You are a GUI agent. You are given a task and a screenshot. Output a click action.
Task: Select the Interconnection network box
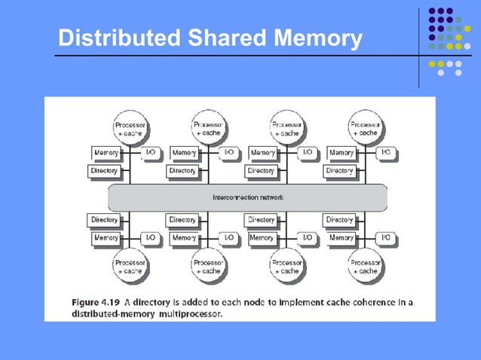click(x=247, y=197)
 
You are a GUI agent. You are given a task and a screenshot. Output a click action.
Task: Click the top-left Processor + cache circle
click(x=129, y=127)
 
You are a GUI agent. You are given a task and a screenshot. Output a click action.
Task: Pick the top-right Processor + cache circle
click(x=365, y=127)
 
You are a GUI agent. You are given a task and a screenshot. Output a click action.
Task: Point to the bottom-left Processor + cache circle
click(x=129, y=266)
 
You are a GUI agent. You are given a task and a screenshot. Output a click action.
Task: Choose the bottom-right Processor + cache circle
click(x=365, y=266)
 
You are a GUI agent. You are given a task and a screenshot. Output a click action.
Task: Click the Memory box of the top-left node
click(x=106, y=153)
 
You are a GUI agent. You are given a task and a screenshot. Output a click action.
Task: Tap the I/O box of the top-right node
click(x=385, y=153)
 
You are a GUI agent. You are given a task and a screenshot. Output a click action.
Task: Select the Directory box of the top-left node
click(x=105, y=171)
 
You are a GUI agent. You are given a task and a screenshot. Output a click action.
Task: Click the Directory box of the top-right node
click(x=340, y=171)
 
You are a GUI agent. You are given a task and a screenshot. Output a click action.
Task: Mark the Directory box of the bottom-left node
click(x=105, y=220)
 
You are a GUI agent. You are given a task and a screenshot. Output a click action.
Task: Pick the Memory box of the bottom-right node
click(x=341, y=238)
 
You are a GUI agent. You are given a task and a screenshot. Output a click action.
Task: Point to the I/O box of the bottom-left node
click(x=150, y=238)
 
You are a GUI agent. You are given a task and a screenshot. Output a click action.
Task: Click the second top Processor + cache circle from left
click(x=207, y=127)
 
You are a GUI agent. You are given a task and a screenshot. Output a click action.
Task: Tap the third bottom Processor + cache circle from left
click(x=286, y=266)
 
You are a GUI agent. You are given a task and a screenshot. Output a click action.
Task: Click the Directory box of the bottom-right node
click(x=340, y=220)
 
